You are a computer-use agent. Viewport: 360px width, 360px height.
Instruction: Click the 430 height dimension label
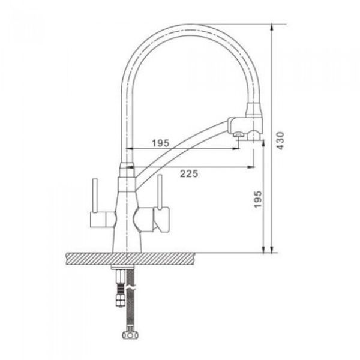(280, 140)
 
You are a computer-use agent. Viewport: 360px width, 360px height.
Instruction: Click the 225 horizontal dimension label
(189, 173)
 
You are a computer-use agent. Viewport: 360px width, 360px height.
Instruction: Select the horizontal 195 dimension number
(160, 143)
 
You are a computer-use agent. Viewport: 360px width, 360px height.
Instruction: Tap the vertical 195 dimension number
(257, 199)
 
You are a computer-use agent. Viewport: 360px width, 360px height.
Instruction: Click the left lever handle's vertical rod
(95, 196)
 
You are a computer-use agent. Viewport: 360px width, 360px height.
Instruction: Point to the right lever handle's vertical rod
(160, 191)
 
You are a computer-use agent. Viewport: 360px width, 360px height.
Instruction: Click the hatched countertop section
(131, 258)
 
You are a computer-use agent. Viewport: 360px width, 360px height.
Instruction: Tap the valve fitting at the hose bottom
(130, 335)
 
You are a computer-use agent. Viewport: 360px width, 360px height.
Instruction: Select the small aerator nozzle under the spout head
(239, 134)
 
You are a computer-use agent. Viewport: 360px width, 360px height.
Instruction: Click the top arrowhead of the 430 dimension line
(272, 28)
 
